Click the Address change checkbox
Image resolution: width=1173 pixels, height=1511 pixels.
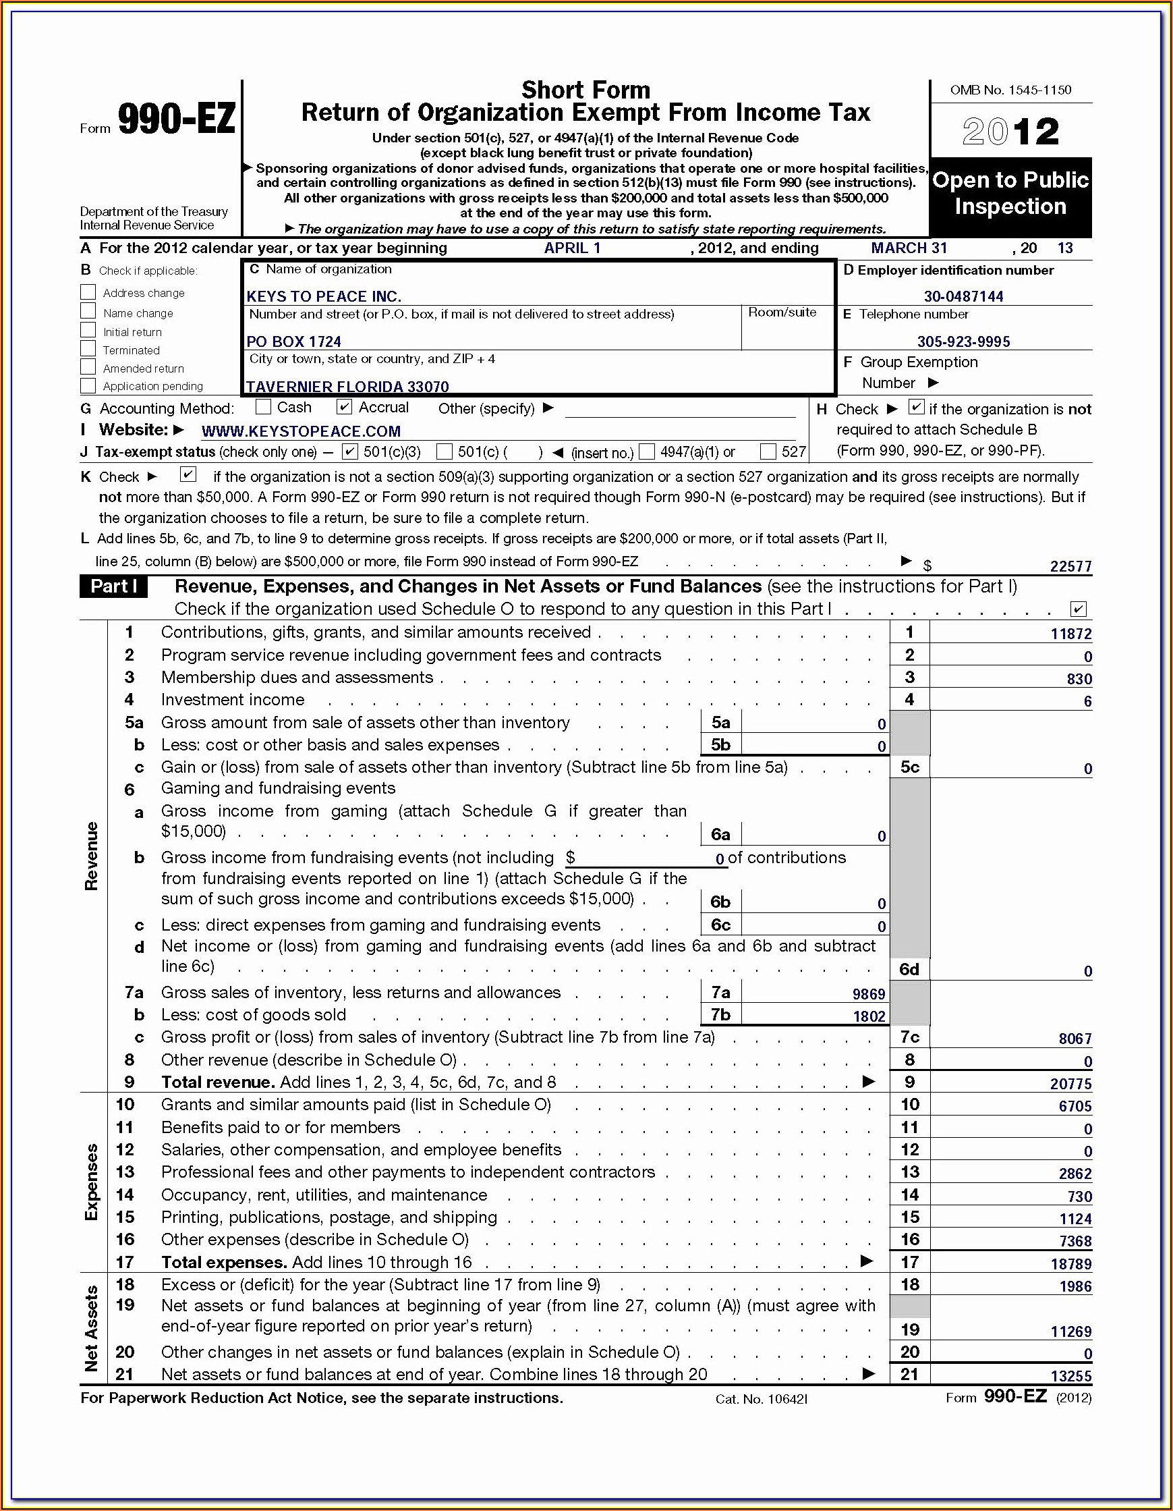tap(88, 292)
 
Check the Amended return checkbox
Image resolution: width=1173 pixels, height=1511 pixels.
tap(88, 367)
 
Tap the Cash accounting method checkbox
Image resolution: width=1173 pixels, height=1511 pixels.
tap(263, 407)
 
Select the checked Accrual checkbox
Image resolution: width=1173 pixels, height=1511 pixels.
tap(344, 407)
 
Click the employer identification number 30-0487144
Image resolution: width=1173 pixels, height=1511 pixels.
tap(963, 296)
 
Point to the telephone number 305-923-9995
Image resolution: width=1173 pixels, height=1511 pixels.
tap(963, 341)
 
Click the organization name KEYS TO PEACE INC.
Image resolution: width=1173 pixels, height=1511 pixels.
tap(324, 296)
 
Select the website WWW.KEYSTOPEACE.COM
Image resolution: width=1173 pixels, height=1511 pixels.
tap(301, 431)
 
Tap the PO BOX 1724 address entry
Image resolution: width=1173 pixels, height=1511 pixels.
tap(294, 341)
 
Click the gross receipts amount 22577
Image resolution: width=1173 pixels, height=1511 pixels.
tap(1070, 566)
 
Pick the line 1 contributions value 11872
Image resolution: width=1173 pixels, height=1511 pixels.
tap(1070, 633)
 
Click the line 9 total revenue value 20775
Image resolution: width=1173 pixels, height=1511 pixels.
tap(1070, 1083)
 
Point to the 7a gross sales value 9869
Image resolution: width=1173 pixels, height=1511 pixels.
tap(869, 994)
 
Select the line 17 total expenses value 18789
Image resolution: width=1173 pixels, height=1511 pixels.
tap(1070, 1264)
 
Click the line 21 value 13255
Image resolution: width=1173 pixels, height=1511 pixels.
tap(1070, 1376)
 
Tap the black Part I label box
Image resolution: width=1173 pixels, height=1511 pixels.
tap(113, 586)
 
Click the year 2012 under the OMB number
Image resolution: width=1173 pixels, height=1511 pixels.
tap(1010, 131)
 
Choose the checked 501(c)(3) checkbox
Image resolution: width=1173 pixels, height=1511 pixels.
tap(350, 451)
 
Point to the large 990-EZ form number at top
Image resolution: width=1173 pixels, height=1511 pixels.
tap(176, 118)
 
